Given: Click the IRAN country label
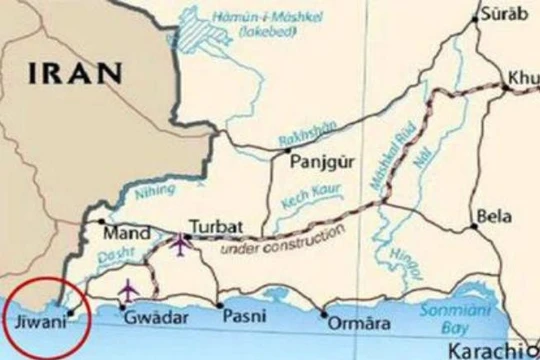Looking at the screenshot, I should click(x=76, y=73).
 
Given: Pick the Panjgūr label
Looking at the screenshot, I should click(x=321, y=162).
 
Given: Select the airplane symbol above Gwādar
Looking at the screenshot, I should click(x=127, y=291).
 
